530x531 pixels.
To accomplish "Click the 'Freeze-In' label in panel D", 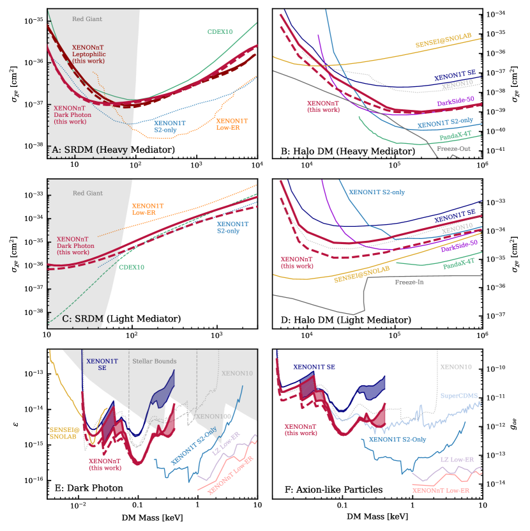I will click(x=411, y=282).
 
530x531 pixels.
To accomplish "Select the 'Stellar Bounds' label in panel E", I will click(x=155, y=362).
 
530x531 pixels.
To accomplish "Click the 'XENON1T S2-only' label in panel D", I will click(x=377, y=192).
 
